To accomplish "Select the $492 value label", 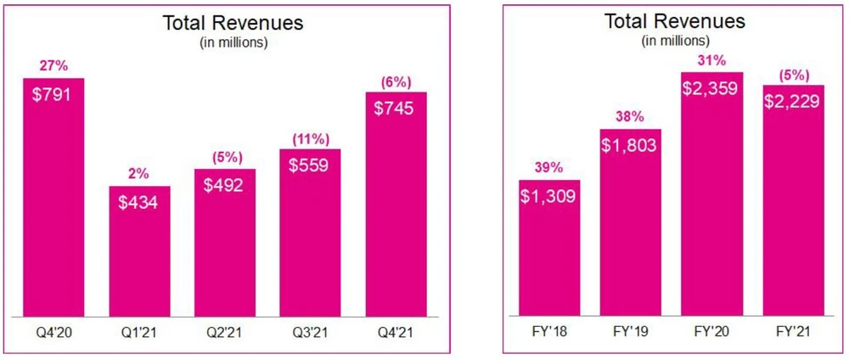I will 224,185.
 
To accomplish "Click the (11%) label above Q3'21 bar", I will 310,139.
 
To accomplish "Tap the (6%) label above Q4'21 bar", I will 396,82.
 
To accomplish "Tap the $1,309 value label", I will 549,197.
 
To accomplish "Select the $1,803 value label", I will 631,145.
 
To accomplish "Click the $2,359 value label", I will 711,88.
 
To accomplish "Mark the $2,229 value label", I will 793,101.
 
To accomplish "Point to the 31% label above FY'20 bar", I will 711,61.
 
